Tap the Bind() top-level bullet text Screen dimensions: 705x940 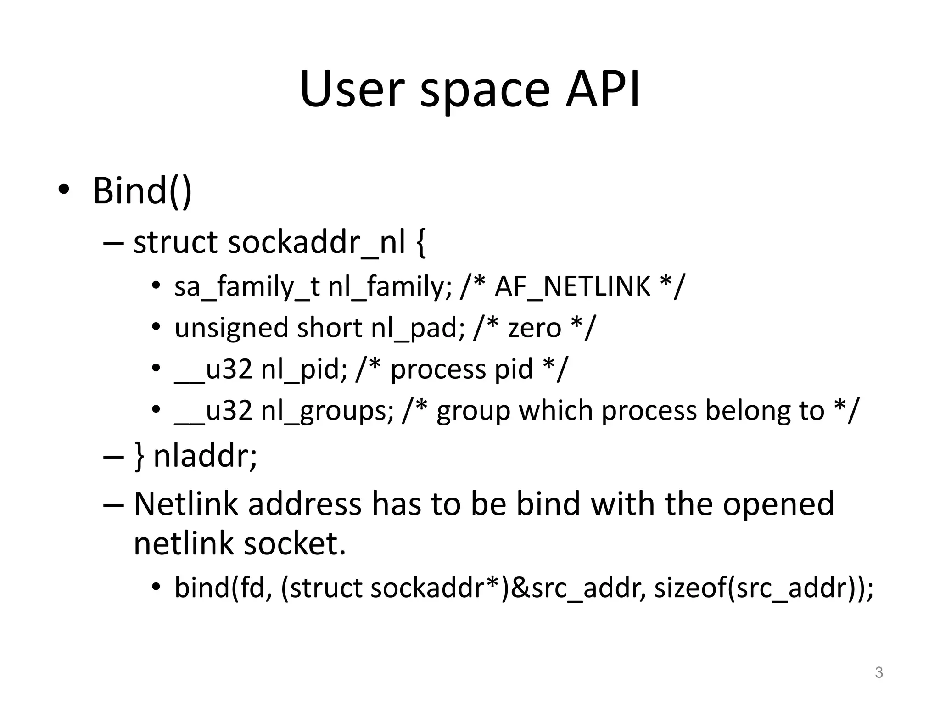click(x=142, y=190)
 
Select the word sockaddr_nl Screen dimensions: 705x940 click(x=317, y=242)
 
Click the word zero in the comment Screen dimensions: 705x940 click(x=535, y=328)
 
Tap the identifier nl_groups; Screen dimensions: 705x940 click(x=327, y=410)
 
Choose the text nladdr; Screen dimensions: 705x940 click(x=205, y=456)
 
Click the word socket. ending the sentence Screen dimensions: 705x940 click(x=294, y=544)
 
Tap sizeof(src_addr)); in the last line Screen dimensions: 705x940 click(x=763, y=587)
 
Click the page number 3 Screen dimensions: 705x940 click(x=878, y=672)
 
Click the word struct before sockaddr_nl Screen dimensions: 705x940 click(x=175, y=242)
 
